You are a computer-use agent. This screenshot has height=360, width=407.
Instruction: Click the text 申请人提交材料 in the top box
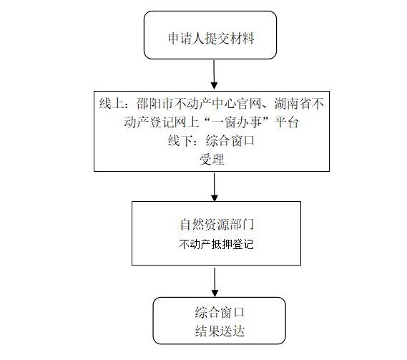211,39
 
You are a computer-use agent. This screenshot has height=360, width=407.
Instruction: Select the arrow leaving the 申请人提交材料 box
214,74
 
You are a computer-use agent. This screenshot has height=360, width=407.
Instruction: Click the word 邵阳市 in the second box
155,103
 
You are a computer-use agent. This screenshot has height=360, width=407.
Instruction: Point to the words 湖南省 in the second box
293,103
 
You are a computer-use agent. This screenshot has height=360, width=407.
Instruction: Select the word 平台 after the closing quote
287,122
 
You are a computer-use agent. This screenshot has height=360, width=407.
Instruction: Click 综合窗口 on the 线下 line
230,141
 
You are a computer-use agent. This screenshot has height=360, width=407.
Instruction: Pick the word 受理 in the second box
212,159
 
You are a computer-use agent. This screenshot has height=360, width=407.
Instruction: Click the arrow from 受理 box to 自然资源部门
214,187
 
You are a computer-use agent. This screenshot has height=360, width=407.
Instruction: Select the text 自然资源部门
217,225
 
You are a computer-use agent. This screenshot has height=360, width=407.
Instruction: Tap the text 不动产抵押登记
216,244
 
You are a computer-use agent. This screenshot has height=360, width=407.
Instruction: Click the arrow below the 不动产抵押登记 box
215,282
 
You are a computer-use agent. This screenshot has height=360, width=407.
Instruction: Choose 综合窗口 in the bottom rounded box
220,313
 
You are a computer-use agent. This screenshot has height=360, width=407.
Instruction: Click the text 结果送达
220,331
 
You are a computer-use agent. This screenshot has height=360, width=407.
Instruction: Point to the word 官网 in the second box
249,103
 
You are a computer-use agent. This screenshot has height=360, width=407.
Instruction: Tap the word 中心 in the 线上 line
224,103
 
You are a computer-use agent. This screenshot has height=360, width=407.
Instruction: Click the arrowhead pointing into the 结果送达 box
215,293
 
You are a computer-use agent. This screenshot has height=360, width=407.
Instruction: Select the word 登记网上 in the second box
174,122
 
